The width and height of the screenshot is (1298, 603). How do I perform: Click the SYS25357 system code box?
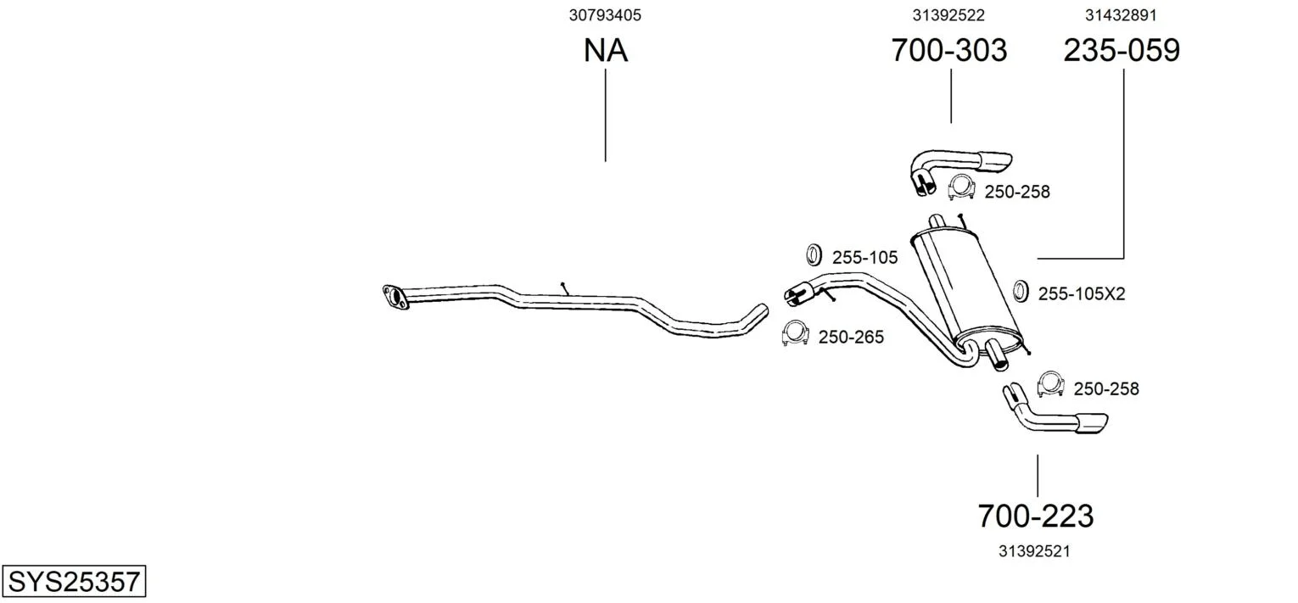coord(74,581)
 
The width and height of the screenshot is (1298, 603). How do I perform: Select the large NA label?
coord(606,50)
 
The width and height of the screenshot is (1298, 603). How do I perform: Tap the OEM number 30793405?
coord(605,15)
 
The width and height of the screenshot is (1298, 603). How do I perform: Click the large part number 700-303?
coord(949,50)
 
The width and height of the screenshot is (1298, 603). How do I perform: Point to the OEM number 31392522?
coord(948,15)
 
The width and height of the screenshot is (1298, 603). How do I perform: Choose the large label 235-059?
coord(1122,50)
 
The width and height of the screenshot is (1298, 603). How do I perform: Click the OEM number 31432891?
coord(1121,15)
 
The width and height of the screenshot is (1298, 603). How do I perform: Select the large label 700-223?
coord(1036,516)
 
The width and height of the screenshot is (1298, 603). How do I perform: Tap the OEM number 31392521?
coord(1034,551)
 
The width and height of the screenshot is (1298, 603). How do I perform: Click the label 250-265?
coord(851,338)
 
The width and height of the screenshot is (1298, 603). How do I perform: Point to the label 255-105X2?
coord(1082,294)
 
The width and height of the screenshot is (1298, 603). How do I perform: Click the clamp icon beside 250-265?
coord(795,333)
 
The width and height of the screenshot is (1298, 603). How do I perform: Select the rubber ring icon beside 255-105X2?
coord(1021,291)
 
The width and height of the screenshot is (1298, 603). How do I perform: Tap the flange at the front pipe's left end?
coord(394,296)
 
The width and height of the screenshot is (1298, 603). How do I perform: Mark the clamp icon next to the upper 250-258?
coord(961,187)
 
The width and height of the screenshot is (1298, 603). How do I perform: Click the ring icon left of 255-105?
coord(814,255)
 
